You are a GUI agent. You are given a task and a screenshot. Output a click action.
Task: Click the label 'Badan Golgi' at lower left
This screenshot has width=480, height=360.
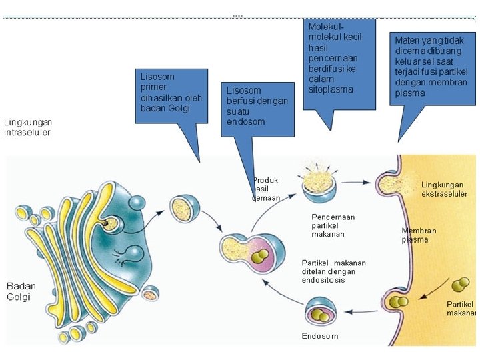click(21, 291)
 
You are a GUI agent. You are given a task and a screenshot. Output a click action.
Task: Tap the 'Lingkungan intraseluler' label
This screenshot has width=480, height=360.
click(28, 127)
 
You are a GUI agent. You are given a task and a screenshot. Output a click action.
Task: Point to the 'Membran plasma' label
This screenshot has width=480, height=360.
click(419, 235)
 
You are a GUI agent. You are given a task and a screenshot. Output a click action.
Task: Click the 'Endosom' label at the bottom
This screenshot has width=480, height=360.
click(319, 336)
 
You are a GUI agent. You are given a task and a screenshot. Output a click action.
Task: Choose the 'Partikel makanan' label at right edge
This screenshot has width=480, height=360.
click(461, 309)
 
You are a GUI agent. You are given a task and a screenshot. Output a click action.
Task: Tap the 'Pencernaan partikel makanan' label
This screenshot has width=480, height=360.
click(333, 225)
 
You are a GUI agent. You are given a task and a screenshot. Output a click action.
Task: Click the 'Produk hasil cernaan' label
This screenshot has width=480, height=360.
click(265, 189)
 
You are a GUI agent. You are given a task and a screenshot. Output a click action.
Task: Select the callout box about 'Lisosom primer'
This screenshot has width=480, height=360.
click(171, 95)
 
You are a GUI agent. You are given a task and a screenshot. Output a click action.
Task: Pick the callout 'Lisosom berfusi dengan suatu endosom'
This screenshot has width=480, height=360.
click(257, 108)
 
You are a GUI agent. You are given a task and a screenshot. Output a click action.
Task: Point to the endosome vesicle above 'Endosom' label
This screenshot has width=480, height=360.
click(322, 313)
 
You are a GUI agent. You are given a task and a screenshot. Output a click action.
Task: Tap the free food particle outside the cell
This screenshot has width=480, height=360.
click(459, 286)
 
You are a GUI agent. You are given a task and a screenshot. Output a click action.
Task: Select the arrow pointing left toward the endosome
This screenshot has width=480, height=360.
click(361, 311)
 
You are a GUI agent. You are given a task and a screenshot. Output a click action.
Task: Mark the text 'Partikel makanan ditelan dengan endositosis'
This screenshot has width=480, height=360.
click(333, 271)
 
